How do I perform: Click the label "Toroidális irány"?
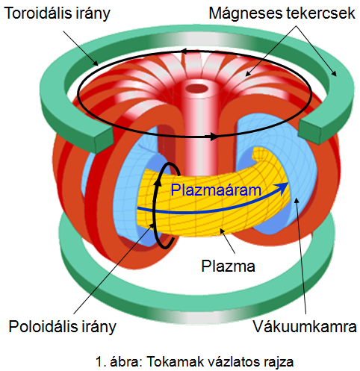57,13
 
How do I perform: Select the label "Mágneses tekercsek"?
282,13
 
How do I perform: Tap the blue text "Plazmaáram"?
216,190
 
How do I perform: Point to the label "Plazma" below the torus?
228,266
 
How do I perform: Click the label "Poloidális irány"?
62,327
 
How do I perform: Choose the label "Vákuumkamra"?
305,326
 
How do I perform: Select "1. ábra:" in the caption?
119,362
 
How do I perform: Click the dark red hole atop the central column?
197,88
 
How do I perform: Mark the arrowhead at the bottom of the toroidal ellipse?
214,136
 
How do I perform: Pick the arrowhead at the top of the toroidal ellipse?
184,52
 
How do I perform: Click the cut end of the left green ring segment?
103,140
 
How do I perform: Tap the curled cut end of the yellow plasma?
260,155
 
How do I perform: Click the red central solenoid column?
198,129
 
